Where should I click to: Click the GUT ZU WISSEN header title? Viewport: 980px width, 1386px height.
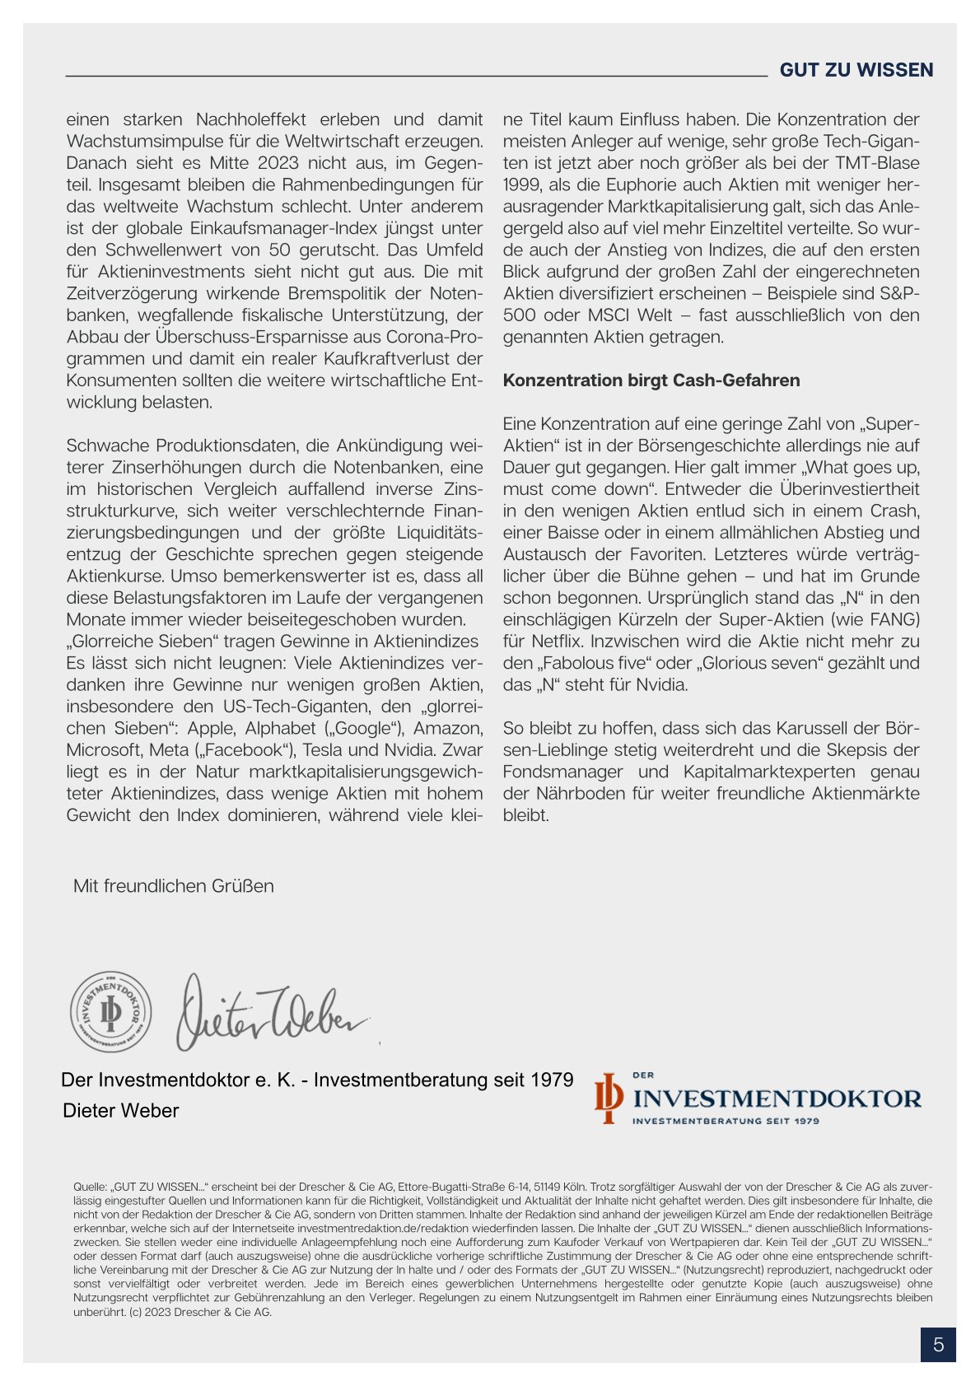tap(856, 70)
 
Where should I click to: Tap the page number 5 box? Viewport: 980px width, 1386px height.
tap(938, 1345)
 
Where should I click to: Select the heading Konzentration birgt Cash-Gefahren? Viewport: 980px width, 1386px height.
tap(651, 380)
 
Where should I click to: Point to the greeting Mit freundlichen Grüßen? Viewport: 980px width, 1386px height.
tap(174, 886)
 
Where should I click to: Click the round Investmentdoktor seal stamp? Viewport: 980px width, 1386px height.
tap(110, 1011)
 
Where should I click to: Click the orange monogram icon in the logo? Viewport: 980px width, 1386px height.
tap(608, 1098)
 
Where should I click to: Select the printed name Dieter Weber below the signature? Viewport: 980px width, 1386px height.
tap(121, 1111)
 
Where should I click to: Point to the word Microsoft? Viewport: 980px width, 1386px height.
tap(105, 750)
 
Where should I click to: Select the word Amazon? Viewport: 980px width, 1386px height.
tap(448, 729)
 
